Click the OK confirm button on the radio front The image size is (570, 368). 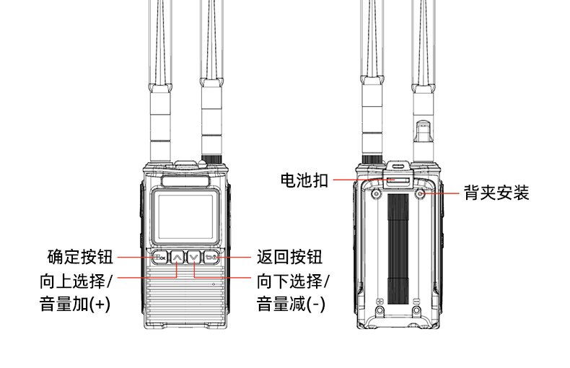[x=159, y=257]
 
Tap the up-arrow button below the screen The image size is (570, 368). [x=177, y=257]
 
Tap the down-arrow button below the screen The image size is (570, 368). [x=193, y=257]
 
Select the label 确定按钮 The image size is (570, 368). [x=79, y=257]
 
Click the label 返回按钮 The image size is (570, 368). [x=289, y=257]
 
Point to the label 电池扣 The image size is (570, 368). [x=304, y=180]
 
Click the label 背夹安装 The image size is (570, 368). [x=496, y=193]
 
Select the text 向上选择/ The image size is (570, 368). [x=76, y=280]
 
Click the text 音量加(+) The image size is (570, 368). [x=75, y=304]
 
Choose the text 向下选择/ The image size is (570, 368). [x=293, y=280]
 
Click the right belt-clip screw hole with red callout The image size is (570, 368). [x=422, y=193]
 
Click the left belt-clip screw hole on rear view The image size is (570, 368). [x=377, y=193]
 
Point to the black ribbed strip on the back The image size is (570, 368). [x=398, y=249]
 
